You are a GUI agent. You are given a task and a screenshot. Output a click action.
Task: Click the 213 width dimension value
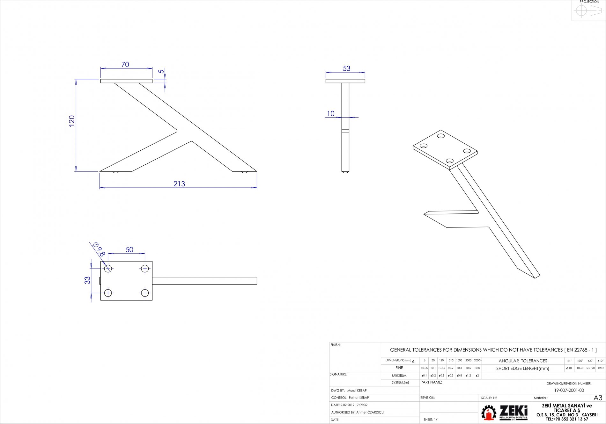pos(179,184)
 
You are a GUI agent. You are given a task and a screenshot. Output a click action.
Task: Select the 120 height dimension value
pos(72,121)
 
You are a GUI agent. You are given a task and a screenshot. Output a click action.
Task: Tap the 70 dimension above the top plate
pos(125,65)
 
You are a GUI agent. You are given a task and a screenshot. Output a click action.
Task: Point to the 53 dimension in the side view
pos(346,68)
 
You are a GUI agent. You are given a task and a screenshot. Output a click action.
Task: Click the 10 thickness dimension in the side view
pos(331,114)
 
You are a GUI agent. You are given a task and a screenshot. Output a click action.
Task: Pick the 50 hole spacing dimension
pos(129,250)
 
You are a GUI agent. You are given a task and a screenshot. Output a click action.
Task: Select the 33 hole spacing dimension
pos(87,280)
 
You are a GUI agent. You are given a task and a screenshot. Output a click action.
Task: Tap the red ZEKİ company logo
pos(504,413)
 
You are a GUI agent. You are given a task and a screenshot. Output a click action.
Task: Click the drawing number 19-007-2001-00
pos(569,390)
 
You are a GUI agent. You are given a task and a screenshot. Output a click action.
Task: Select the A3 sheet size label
pos(598,398)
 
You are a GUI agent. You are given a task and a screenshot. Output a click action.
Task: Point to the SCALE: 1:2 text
pos(489,398)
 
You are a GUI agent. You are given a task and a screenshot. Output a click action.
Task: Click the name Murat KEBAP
pos(357,391)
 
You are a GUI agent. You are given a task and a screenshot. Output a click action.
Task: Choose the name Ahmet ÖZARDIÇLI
pos(370,413)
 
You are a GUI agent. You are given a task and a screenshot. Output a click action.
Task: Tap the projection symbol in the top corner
pos(588,11)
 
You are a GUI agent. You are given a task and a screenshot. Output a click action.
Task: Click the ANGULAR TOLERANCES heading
pos(523,361)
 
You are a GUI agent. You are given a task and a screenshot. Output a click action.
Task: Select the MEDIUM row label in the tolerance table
pos(399,376)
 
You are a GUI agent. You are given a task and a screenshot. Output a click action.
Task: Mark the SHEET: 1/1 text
pos(431,420)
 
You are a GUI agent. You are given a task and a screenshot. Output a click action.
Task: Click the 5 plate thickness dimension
pos(161,71)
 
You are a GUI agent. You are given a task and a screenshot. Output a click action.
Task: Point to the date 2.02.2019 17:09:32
pos(354,405)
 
